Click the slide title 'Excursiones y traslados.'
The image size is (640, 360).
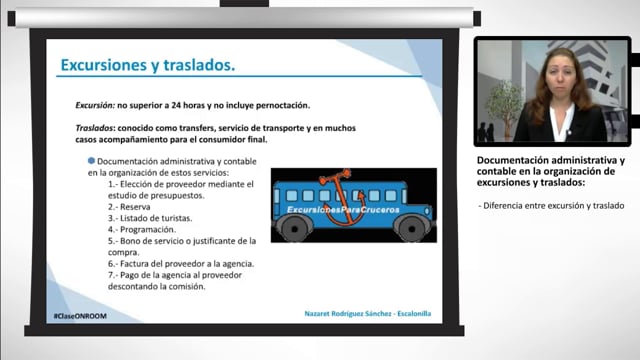click(147, 66)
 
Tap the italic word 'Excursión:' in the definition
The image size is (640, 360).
click(98, 105)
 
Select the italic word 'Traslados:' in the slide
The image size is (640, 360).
click(98, 128)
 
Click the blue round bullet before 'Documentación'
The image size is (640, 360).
click(92, 161)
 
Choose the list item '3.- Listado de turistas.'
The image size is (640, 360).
click(150, 218)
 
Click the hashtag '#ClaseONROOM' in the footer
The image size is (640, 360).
click(82, 314)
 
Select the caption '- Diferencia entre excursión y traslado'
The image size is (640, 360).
click(552, 205)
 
